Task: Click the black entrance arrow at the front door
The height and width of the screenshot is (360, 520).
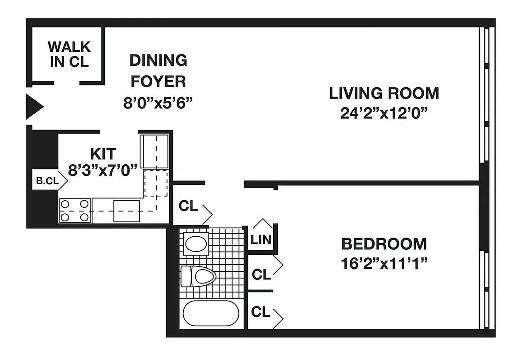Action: coord(34,107)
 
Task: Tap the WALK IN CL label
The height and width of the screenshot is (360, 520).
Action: coord(69,54)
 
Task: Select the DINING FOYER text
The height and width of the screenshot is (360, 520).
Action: coord(158,71)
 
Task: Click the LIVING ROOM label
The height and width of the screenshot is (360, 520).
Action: coord(384,93)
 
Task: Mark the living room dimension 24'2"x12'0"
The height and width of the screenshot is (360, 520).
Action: coord(384,113)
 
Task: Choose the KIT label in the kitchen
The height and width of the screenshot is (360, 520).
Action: coord(103,153)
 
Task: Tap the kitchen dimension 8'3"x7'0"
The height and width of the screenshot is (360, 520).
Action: coord(103,171)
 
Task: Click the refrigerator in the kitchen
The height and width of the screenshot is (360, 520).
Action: coord(154,151)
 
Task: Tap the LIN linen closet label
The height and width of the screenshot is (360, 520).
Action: coord(261,239)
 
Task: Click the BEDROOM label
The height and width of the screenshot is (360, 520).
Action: coord(384,244)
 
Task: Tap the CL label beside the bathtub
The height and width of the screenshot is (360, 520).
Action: coord(261,312)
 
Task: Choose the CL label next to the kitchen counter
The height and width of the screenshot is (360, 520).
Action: coord(188,206)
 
